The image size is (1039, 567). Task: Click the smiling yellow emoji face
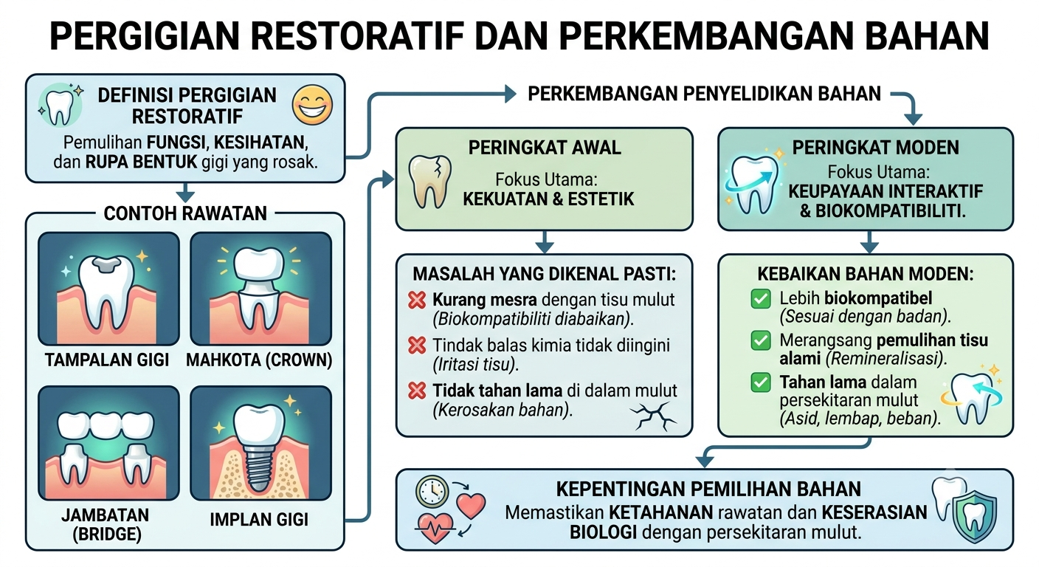point(312,105)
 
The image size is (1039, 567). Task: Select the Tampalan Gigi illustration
point(108,289)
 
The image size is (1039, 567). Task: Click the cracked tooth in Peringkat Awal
point(429,182)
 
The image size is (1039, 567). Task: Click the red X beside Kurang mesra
point(416,300)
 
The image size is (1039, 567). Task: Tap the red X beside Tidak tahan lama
point(416,391)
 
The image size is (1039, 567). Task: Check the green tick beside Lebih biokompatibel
point(761,299)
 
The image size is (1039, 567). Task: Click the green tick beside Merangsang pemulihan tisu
point(761,341)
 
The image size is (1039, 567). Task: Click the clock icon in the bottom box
point(432,492)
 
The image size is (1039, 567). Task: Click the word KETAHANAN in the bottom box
point(661,512)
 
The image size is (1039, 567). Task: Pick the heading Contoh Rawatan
point(185,213)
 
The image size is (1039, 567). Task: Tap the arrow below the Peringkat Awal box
point(545,241)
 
